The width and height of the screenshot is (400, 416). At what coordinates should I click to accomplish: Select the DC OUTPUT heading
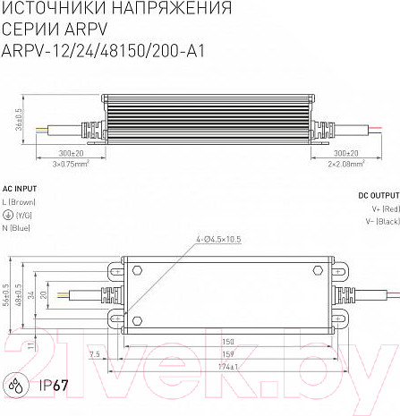pos(379,193)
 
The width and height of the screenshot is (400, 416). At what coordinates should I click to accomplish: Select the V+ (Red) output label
pos(383,208)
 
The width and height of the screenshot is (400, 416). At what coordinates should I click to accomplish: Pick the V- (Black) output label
pos(381,220)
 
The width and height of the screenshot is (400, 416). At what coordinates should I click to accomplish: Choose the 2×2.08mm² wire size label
pos(345,165)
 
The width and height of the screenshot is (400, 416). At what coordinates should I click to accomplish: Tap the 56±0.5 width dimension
pos(7,296)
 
